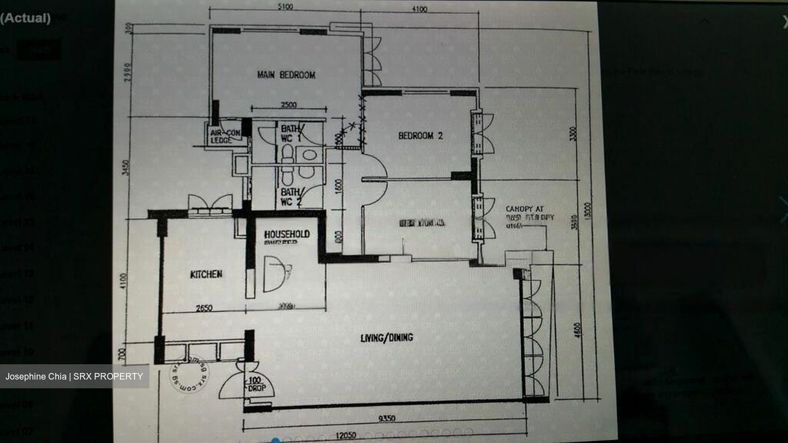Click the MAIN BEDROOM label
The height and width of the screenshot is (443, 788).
pos(286,75)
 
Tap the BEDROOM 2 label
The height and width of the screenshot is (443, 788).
pos(420,136)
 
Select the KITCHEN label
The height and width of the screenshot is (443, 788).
pos(206,274)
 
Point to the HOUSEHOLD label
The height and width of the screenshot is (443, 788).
pos(287,234)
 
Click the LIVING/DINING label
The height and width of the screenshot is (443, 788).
pos(387,337)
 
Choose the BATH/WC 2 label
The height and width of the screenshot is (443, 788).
pos(291,196)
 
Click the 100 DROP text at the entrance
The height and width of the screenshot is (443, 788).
pos(257,384)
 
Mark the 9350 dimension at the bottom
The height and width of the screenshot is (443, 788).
pos(387,419)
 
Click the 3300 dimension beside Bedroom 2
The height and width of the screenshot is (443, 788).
pos(573,134)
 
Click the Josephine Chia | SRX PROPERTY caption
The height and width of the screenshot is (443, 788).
pos(74,376)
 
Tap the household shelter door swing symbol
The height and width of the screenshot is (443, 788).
pos(276,273)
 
